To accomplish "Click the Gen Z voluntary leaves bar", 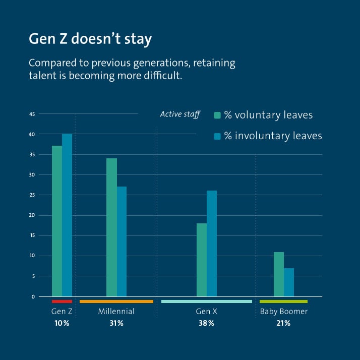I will point(56,221).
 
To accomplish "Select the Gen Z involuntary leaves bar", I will point(67,215).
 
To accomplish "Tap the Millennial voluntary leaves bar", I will point(111,227).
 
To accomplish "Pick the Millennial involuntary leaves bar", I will point(122,242).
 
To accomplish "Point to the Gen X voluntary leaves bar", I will point(201,260).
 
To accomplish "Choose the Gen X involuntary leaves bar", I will point(212,244).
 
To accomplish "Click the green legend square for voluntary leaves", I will point(217,115).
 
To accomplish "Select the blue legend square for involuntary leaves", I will point(217,136).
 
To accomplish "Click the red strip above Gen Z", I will point(62,302).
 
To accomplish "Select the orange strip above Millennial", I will point(116,302).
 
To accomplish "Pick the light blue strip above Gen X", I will point(206,302).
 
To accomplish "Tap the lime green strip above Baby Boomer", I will point(283,302).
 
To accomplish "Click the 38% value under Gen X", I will point(206,323).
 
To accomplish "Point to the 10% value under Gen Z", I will point(62,323).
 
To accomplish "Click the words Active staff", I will point(180,114).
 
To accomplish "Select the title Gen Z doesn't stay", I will point(90,40).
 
